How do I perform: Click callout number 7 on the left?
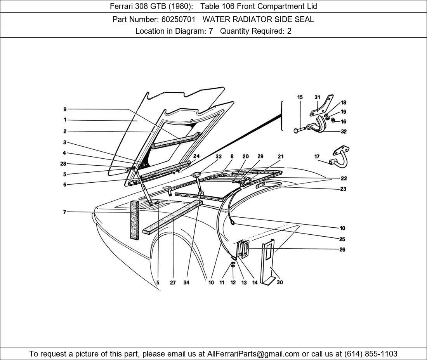64,212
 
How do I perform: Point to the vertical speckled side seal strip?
134,219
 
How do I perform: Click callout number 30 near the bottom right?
279,282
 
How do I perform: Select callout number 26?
342,249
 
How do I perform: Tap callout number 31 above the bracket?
317,97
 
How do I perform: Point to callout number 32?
344,132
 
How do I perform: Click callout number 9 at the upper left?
65,109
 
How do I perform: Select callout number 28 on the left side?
63,164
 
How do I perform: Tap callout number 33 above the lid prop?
219,157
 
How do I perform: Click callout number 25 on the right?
342,239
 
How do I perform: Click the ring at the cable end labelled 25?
232,222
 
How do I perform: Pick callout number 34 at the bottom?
186,282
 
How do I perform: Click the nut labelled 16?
333,121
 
